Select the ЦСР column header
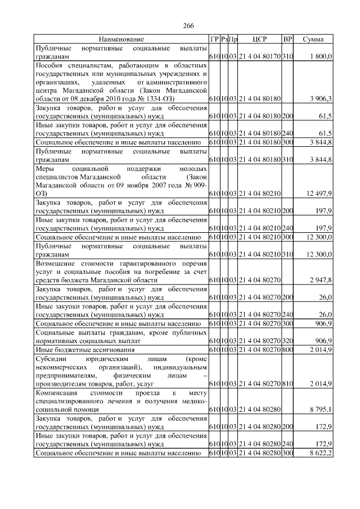[260, 39]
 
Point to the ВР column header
[287, 39]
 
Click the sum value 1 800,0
[321, 57]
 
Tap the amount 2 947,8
[321, 280]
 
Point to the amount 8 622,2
[321, 452]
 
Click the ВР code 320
[287, 341]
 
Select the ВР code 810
[287, 383]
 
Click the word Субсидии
[49, 358]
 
